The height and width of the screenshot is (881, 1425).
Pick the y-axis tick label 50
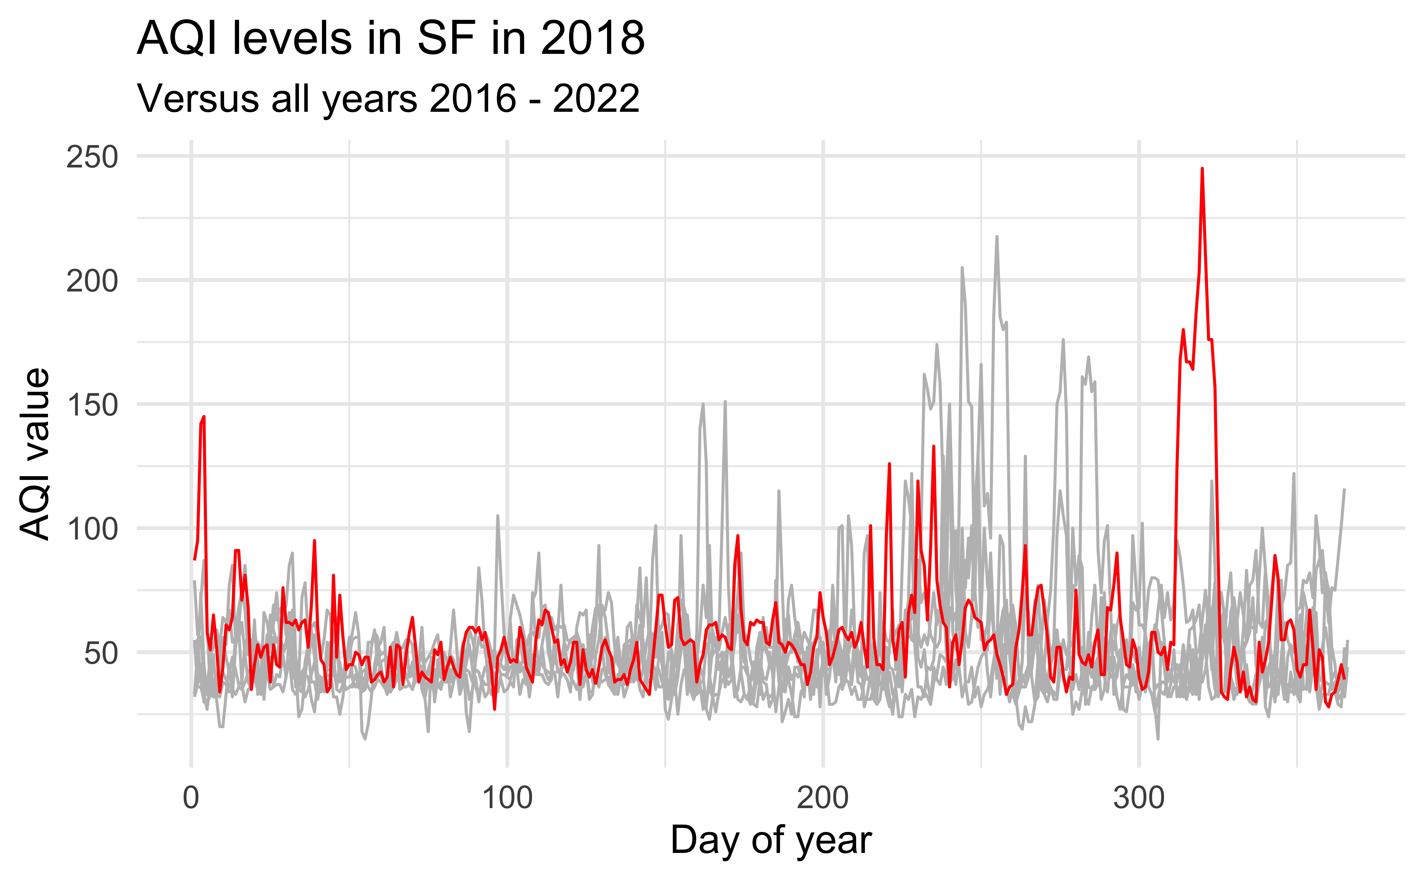pyautogui.click(x=101, y=653)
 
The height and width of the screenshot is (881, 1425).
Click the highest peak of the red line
pyautogui.click(x=1202, y=169)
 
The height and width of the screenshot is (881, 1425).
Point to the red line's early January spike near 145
pyautogui.click(x=203, y=417)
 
